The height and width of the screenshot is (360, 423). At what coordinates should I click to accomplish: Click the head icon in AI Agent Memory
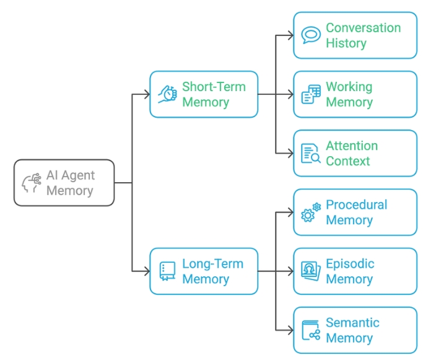click(32, 183)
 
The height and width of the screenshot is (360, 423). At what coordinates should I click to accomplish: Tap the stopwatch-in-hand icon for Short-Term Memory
click(167, 94)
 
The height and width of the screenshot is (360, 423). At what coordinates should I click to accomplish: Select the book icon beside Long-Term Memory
click(167, 271)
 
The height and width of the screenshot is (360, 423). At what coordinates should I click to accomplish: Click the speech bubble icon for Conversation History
click(311, 35)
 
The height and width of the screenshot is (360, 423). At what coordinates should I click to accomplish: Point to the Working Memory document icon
click(311, 94)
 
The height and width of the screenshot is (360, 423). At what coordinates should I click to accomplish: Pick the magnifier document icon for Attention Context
click(311, 153)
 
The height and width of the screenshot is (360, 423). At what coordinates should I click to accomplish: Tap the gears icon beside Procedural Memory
click(311, 213)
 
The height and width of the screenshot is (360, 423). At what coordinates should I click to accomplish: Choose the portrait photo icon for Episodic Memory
click(311, 271)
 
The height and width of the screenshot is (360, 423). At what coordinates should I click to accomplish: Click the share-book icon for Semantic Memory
click(311, 330)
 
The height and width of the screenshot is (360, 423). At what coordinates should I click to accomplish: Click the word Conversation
click(363, 28)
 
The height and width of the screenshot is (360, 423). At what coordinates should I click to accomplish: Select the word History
click(346, 43)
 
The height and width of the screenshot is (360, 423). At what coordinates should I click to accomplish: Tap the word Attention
click(352, 146)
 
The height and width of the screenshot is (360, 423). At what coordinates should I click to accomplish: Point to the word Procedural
click(356, 204)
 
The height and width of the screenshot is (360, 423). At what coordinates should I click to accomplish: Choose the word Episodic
click(350, 264)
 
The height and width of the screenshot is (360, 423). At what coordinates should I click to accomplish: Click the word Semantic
click(352, 322)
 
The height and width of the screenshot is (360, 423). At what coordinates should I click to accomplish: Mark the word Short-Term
click(214, 87)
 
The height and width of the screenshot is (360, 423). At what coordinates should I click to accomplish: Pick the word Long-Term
click(213, 264)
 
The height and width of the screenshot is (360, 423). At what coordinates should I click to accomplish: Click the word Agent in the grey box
click(78, 176)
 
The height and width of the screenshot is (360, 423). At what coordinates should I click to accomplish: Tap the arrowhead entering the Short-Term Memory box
click(147, 94)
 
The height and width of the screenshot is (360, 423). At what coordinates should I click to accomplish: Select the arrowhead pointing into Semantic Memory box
click(291, 330)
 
